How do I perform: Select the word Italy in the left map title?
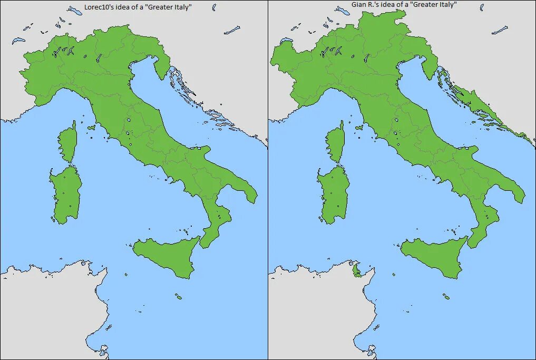[181, 7]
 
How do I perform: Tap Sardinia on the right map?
[334, 193]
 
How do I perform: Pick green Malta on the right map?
[447, 297]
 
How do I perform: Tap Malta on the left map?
[179, 297]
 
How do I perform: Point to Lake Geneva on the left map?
[19, 40]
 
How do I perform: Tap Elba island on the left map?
[92, 127]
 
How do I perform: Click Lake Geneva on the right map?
[287, 40]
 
